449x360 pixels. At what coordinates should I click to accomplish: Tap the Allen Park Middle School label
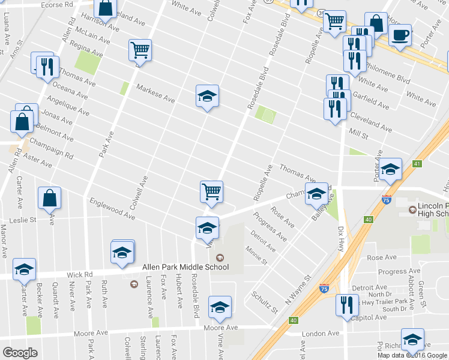(x=185, y=267)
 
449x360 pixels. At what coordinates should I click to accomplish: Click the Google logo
(x=20, y=353)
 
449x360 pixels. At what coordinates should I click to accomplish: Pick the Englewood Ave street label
(x=111, y=208)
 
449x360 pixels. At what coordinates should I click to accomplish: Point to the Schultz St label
(x=265, y=302)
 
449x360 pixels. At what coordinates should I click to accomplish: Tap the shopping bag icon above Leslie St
(x=49, y=198)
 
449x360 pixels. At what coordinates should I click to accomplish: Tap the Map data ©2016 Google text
(x=412, y=355)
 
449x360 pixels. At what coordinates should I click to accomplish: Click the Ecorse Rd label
(x=57, y=4)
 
